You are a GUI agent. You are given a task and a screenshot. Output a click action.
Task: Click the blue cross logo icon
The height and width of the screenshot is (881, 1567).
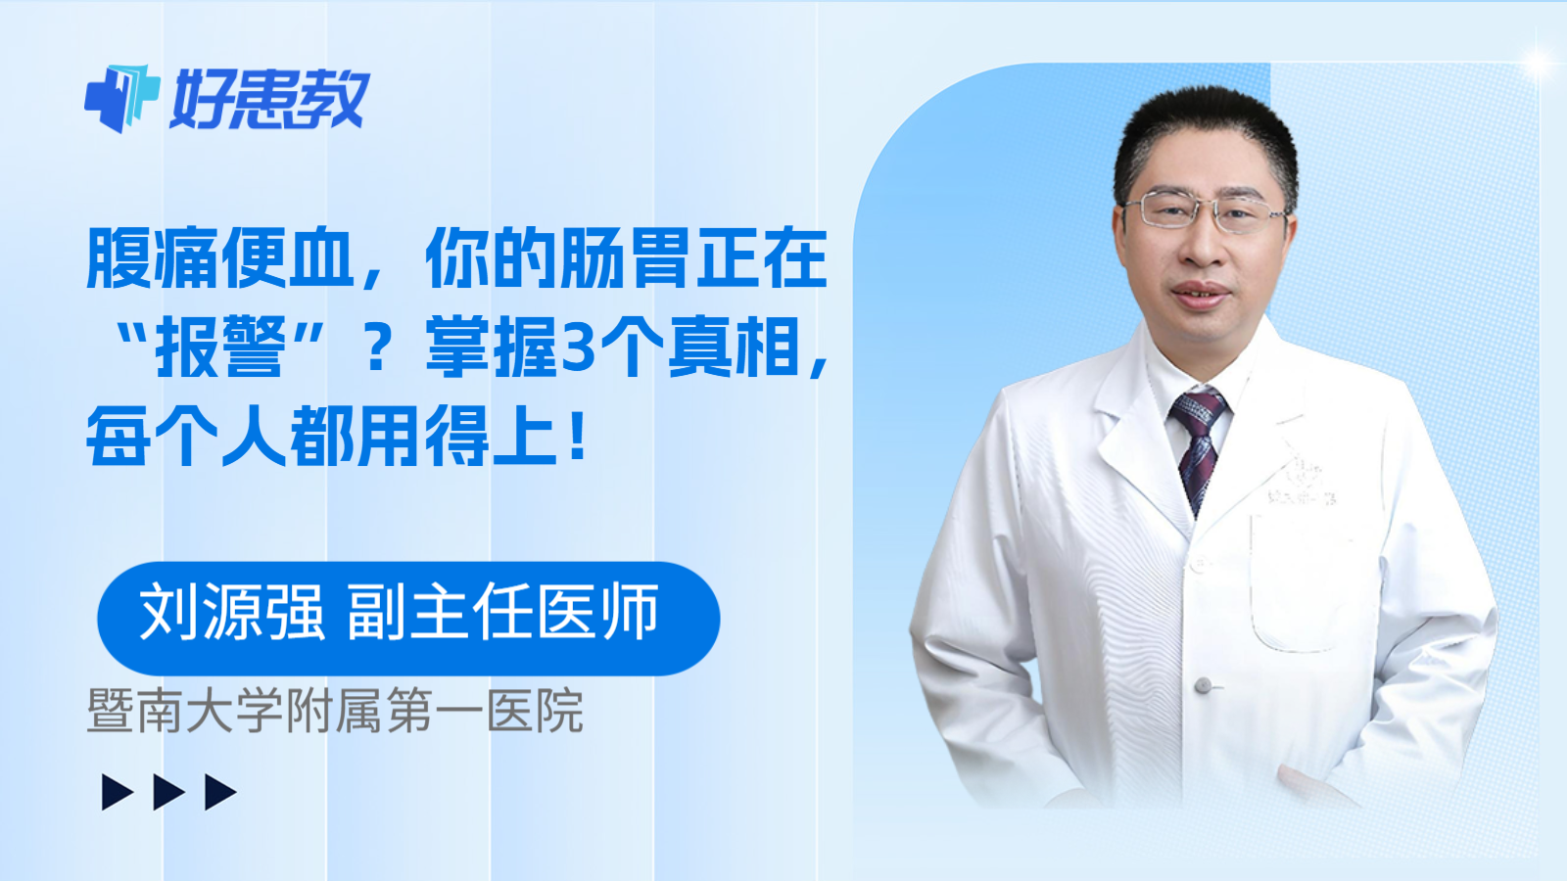[121, 98]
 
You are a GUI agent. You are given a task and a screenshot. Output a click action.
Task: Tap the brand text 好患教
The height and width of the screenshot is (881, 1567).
[269, 99]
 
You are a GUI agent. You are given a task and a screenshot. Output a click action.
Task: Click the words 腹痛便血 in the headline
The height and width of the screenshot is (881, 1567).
[219, 257]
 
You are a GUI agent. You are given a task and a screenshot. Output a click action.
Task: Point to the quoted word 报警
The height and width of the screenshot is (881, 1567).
[219, 347]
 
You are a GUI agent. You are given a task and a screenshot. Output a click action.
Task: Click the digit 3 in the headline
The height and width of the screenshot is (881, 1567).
[578, 348]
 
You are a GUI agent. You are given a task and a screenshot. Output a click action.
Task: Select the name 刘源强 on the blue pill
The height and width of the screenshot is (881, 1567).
[231, 613]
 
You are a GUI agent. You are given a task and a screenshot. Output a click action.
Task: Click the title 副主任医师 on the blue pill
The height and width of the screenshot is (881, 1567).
[503, 613]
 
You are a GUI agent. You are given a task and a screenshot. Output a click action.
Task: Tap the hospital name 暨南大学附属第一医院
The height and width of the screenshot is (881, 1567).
[335, 711]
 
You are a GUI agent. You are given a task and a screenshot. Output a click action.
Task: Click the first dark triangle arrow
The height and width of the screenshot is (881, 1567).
[117, 792]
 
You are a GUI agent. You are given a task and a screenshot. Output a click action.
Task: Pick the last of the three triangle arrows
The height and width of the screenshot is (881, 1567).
[219, 792]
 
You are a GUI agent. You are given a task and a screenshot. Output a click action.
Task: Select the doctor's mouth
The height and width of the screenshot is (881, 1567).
[1201, 293]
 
